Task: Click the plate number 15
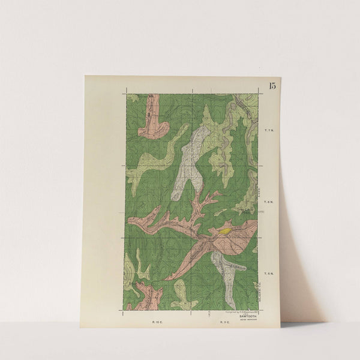(273, 85)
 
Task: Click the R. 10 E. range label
(158, 322)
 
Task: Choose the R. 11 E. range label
(224, 322)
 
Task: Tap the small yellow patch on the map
(225, 230)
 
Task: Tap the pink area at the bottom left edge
(147, 298)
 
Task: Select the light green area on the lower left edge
(130, 273)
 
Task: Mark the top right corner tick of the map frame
(259, 93)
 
